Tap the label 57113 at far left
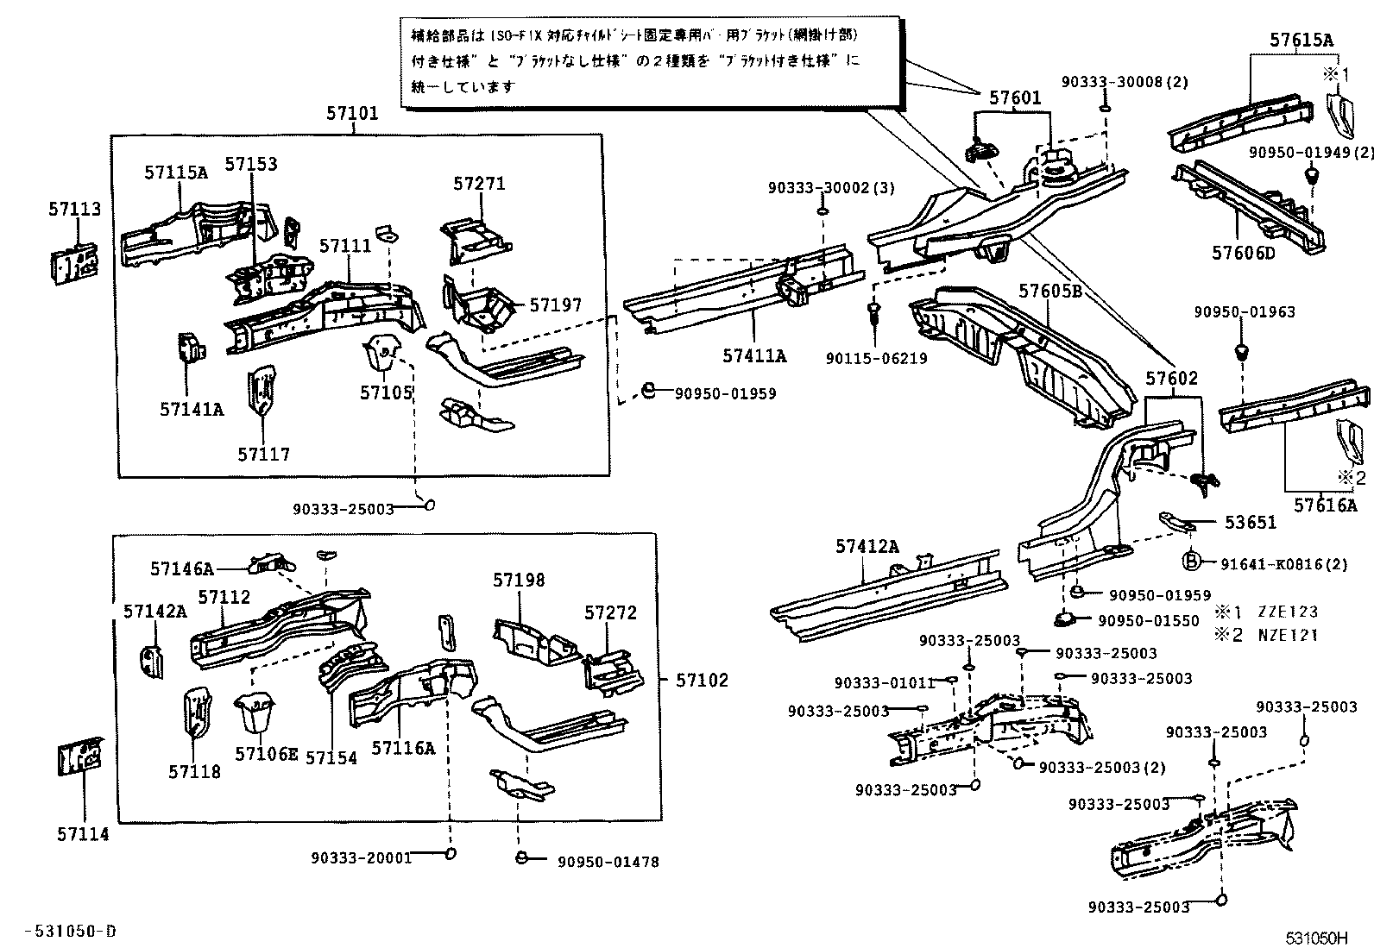pos(74,209)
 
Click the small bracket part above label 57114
pos(80,757)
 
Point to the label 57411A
pos(754,355)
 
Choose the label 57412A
pos(867,546)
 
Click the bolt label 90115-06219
pos(876,358)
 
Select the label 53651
pos(1250,523)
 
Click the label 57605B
pos(1050,292)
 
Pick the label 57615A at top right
pos(1301,40)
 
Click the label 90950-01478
pos(608,861)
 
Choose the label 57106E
pos(266,755)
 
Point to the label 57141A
pos(191,409)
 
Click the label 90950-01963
pos(1245,312)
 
